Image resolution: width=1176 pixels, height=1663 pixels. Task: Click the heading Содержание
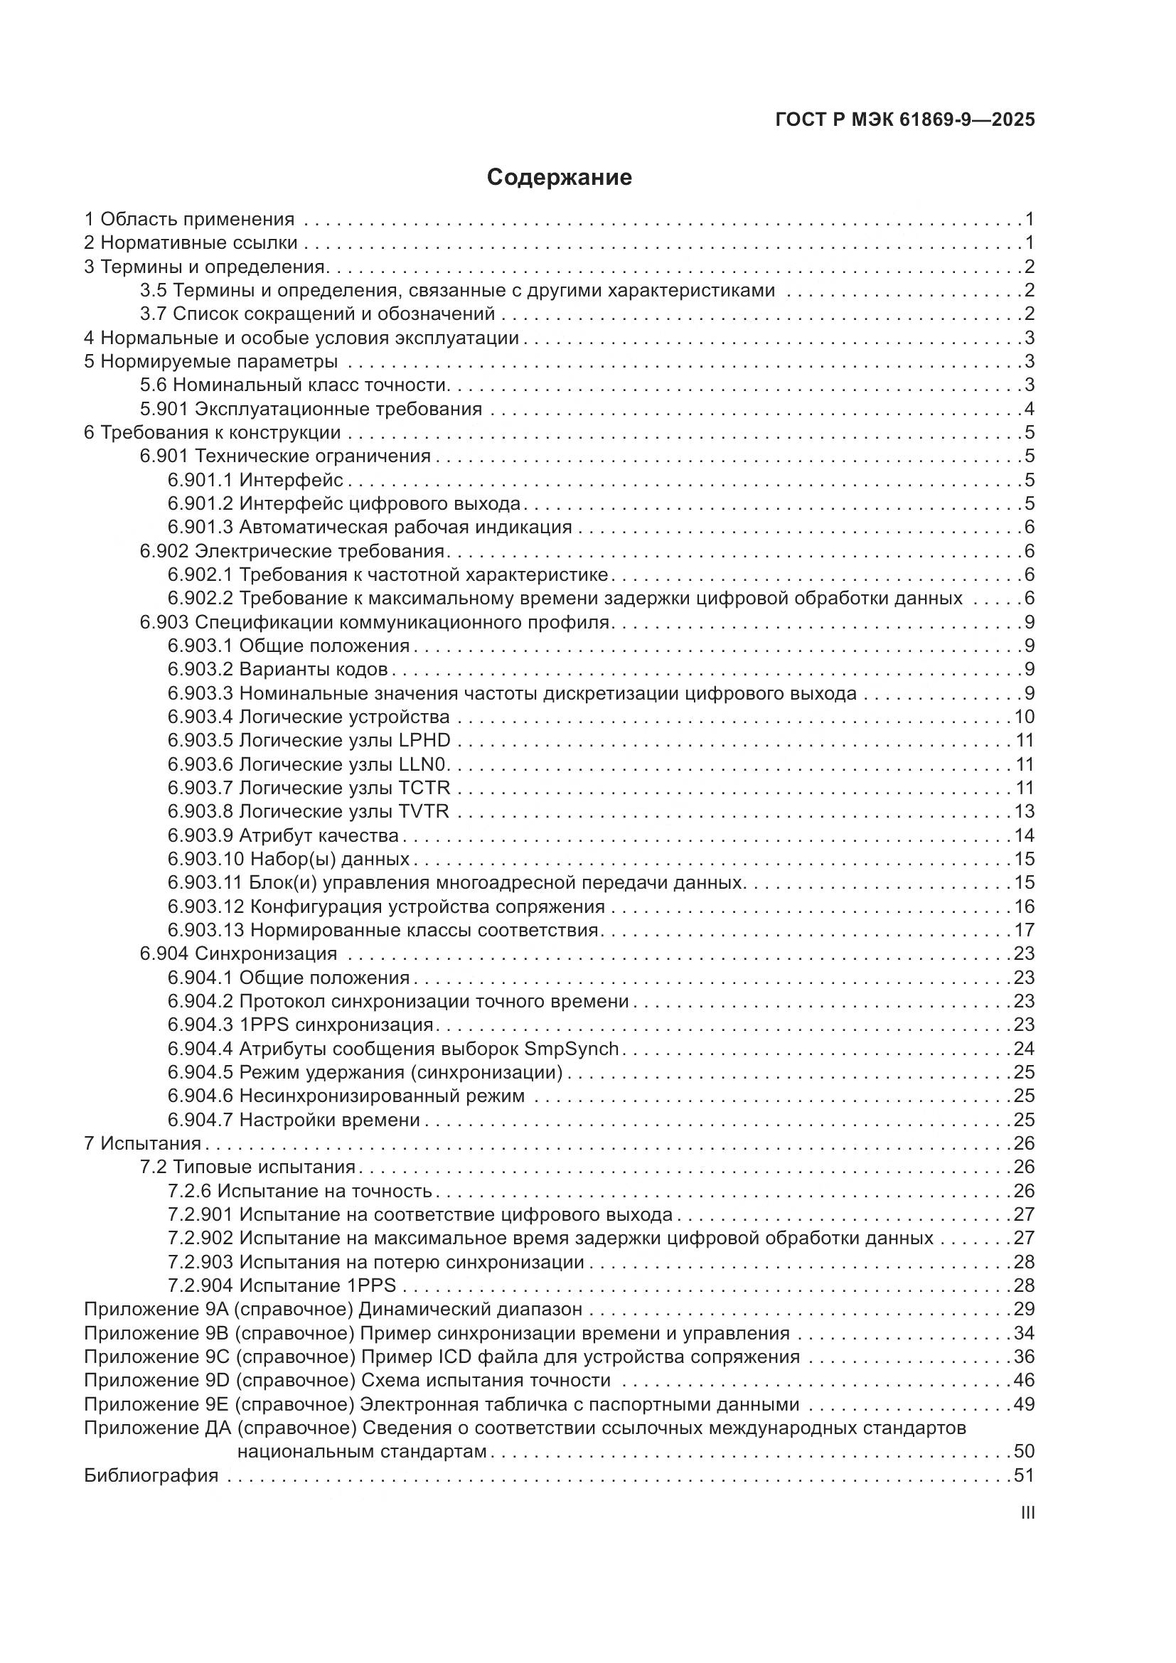tap(559, 178)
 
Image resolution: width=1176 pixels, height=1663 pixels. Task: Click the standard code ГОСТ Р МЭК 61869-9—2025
tap(904, 119)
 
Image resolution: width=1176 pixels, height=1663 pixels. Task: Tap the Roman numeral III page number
tap(1027, 1513)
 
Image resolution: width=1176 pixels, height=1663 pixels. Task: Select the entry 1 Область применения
tap(190, 219)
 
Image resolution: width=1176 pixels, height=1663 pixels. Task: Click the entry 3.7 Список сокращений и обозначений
tap(317, 314)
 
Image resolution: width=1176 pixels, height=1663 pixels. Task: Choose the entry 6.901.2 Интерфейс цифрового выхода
tap(344, 503)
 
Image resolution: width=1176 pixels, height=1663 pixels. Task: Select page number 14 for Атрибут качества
tap(1024, 835)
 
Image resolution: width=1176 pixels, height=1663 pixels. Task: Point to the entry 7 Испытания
tap(143, 1143)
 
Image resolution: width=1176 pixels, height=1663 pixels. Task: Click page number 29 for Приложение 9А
tap(1024, 1309)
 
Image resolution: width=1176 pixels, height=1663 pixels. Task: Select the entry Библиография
tap(151, 1475)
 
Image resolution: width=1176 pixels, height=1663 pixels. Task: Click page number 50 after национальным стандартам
tap(1024, 1452)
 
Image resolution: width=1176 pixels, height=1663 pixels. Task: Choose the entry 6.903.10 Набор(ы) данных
tap(289, 859)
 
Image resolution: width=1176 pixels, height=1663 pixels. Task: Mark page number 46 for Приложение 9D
tap(1024, 1381)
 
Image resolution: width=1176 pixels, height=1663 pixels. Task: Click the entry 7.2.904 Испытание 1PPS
tap(282, 1285)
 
